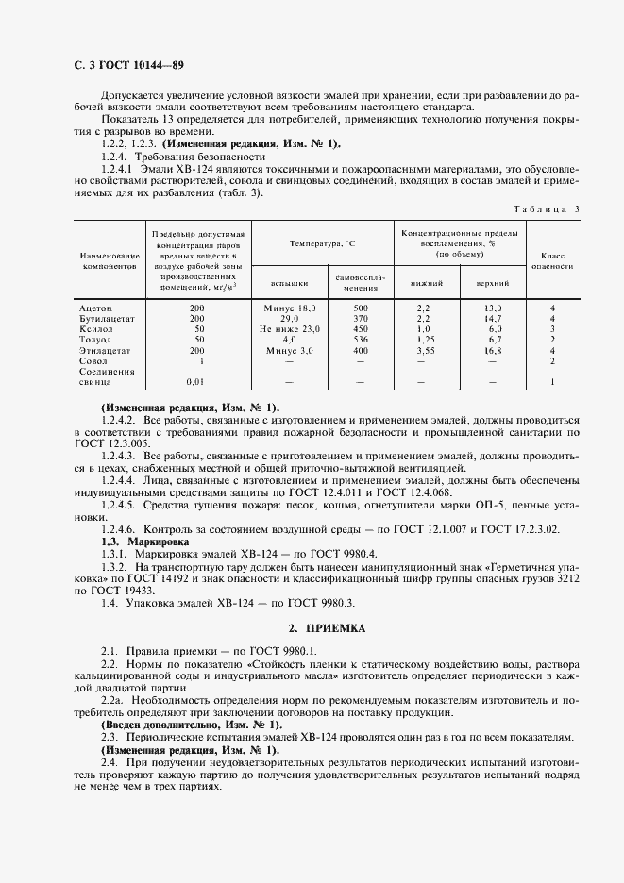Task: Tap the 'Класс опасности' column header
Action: (552, 260)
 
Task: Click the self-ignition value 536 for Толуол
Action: (359, 339)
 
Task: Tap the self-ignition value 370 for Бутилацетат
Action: (359, 318)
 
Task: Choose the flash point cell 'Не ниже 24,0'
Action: (290, 328)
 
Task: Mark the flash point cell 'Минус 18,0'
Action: (290, 308)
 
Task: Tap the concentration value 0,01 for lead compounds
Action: (195, 381)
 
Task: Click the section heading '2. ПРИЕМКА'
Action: (312, 626)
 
